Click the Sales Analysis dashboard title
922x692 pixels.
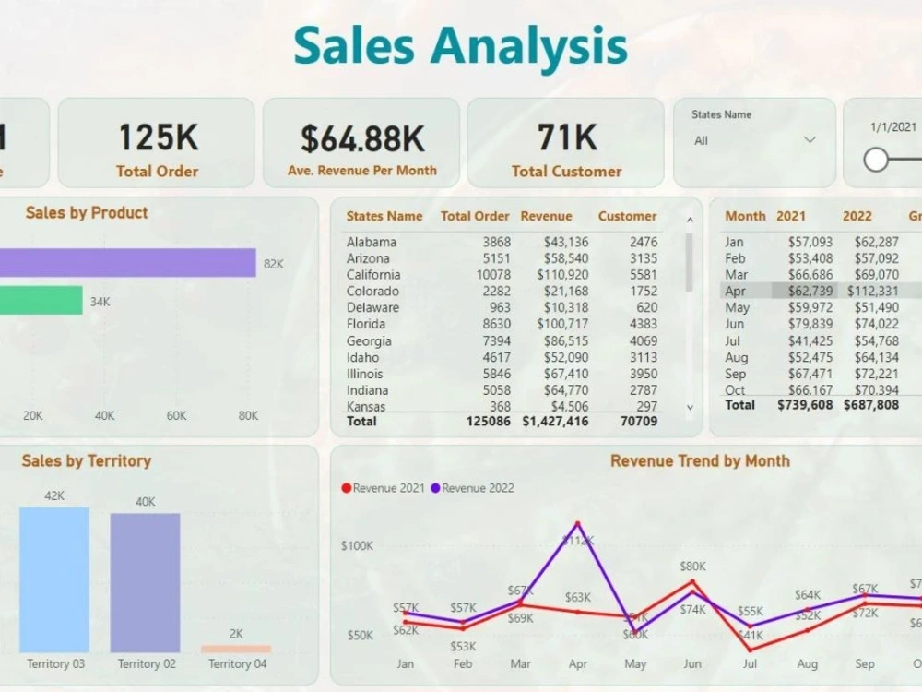[x=460, y=46]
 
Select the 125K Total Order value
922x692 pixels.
[x=158, y=137]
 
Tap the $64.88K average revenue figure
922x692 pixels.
[x=362, y=138]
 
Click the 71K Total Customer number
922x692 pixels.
[x=566, y=137]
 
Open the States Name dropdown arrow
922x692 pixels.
[x=810, y=140]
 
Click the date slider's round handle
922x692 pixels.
[x=876, y=160]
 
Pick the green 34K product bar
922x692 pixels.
[x=41, y=301]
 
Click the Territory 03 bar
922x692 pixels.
[x=54, y=579]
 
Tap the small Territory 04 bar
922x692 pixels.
[x=236, y=649]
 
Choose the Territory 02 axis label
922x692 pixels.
[x=146, y=663]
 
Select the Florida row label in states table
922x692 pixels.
[x=363, y=324]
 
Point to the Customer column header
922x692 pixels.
[x=627, y=216]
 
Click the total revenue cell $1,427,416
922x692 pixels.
[x=554, y=421]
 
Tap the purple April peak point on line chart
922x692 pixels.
[x=578, y=523]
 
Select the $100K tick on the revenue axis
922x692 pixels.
[x=357, y=545]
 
